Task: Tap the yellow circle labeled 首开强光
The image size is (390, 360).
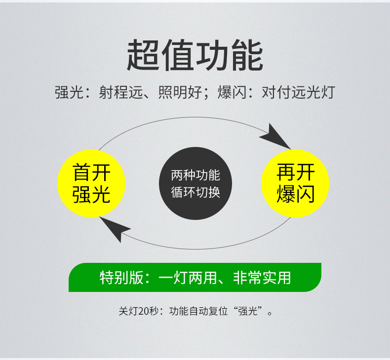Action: (x=92, y=183)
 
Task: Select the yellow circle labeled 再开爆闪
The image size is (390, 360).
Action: (x=295, y=183)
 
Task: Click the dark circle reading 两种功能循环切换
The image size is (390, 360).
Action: (x=195, y=183)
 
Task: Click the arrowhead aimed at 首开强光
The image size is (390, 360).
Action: (x=114, y=228)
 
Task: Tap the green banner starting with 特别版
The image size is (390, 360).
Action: (x=195, y=277)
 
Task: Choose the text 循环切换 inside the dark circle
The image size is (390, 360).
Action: (x=195, y=192)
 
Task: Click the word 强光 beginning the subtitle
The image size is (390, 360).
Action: (x=66, y=92)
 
